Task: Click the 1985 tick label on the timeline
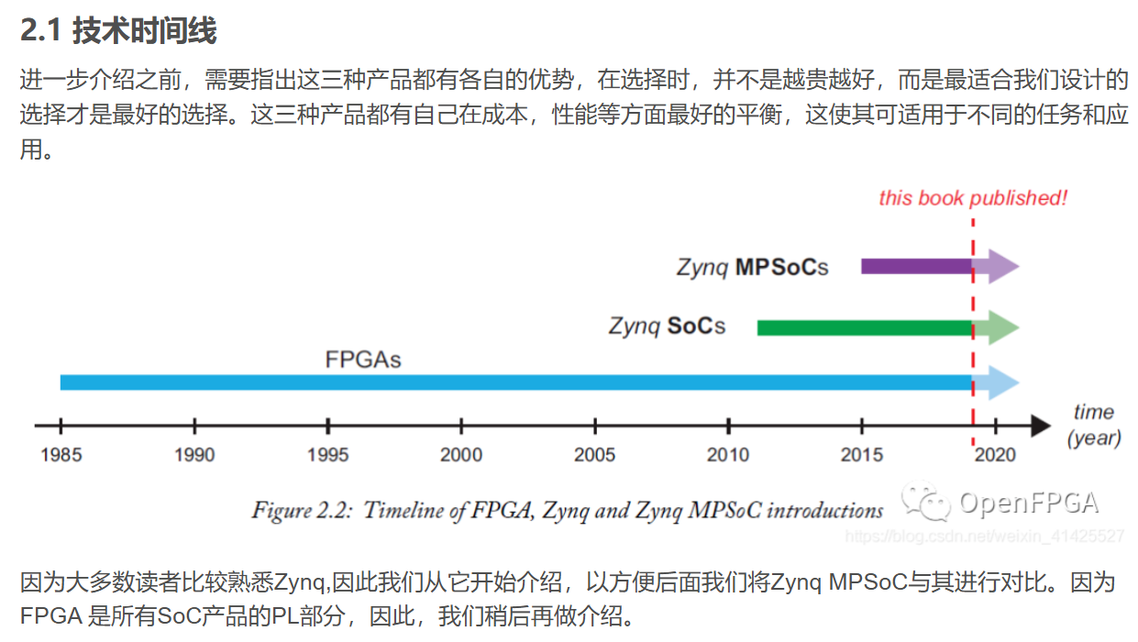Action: pyautogui.click(x=60, y=455)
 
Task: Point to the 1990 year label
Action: pyautogui.click(x=193, y=455)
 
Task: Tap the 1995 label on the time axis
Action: pyautogui.click(x=327, y=455)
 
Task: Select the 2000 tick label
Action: pyautogui.click(x=461, y=455)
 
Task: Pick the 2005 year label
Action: pyautogui.click(x=595, y=455)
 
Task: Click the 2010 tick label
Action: pyautogui.click(x=728, y=455)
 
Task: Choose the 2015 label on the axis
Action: pyautogui.click(x=862, y=455)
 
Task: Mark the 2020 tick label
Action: pyautogui.click(x=996, y=455)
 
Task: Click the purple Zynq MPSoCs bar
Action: pyautogui.click(x=915, y=267)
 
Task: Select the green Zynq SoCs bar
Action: pyautogui.click(x=864, y=327)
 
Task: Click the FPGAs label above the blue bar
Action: pyautogui.click(x=363, y=359)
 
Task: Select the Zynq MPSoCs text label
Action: pyautogui.click(x=752, y=268)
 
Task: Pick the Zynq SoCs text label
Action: pyautogui.click(x=667, y=326)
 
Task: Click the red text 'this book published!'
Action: pyautogui.click(x=973, y=198)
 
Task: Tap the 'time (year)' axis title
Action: pyautogui.click(x=1094, y=425)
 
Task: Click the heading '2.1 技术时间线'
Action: pyautogui.click(x=118, y=31)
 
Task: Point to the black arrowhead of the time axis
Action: pyautogui.click(x=1040, y=426)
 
